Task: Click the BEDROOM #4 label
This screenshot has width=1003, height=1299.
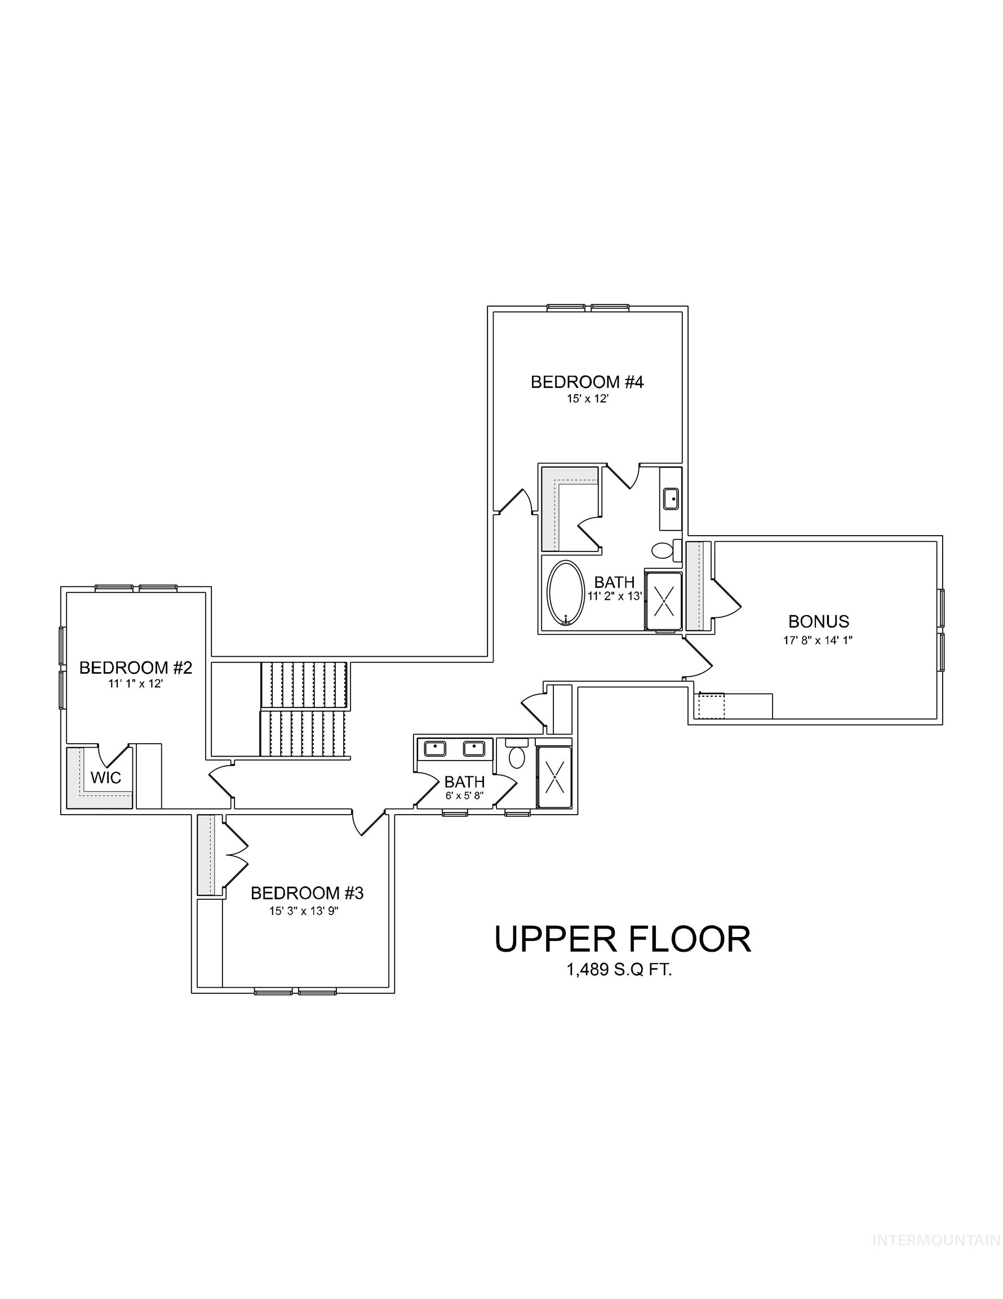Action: pyautogui.click(x=587, y=381)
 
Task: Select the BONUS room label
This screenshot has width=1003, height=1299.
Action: pyautogui.click(x=818, y=621)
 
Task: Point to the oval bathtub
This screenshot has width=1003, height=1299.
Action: pyautogui.click(x=565, y=594)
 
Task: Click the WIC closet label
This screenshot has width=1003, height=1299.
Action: pyautogui.click(x=106, y=777)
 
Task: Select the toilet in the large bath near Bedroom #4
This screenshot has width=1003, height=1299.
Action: pyautogui.click(x=662, y=550)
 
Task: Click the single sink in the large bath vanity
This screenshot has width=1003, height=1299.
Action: pyautogui.click(x=671, y=498)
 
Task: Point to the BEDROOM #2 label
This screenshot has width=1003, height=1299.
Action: pyautogui.click(x=136, y=668)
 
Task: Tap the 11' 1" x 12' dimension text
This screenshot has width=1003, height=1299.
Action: pyautogui.click(x=136, y=684)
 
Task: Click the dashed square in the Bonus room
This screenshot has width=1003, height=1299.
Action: pyautogui.click(x=712, y=706)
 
